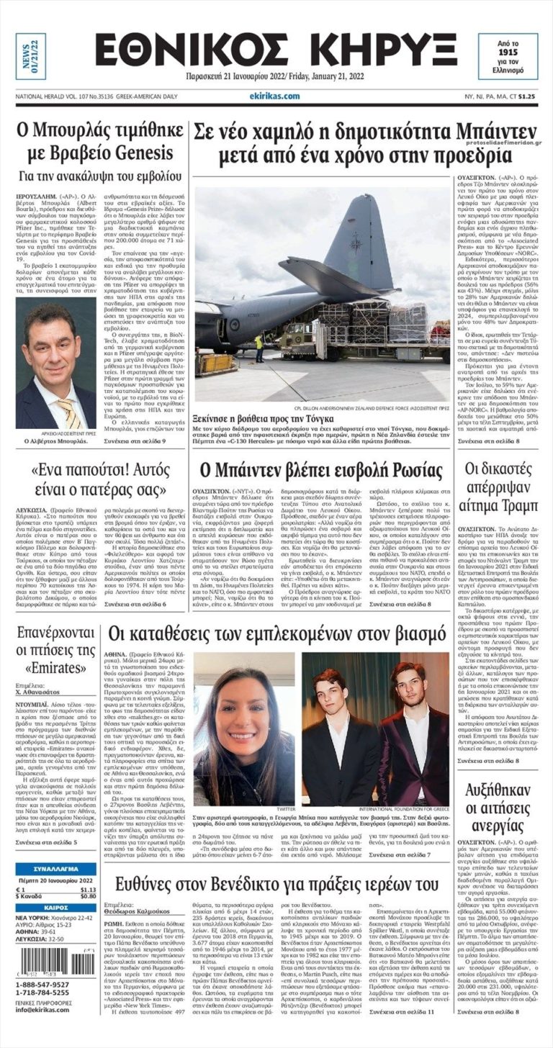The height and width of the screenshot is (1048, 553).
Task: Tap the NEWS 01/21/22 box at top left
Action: click(31, 56)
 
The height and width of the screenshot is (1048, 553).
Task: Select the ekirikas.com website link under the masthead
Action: click(274, 96)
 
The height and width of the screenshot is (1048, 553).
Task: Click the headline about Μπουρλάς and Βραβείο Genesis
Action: click(95, 142)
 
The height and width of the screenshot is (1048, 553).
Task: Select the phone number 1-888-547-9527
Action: click(42, 984)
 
